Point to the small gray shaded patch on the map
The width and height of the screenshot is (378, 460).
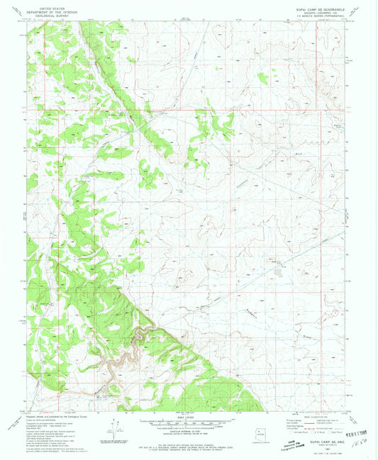[x=277, y=268]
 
